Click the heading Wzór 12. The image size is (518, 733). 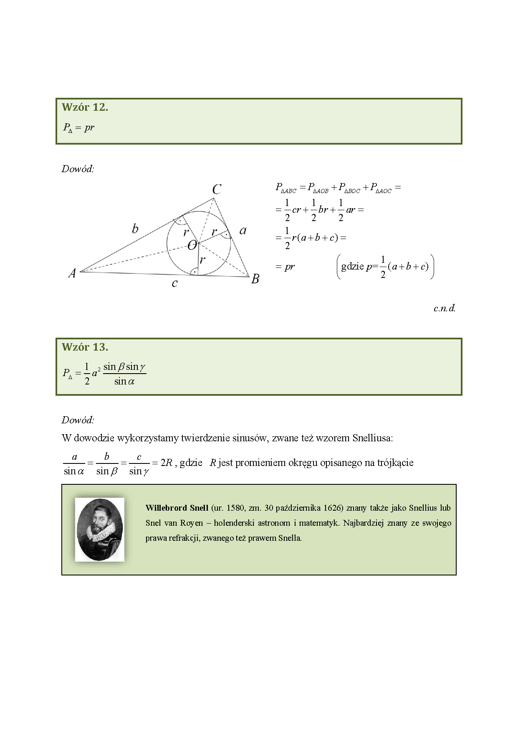[x=85, y=107]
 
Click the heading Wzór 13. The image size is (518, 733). [x=85, y=347]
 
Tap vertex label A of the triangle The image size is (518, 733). [x=72, y=273]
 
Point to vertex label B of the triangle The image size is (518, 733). [x=255, y=279]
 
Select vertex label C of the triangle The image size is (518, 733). [x=217, y=190]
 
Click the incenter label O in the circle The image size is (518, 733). [x=192, y=246]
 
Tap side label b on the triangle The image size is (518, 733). [x=135, y=229]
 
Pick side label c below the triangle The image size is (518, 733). [x=174, y=284]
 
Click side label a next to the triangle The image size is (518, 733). [x=243, y=230]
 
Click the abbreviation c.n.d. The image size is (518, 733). [x=444, y=309]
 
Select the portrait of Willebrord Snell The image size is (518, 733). [x=100, y=529]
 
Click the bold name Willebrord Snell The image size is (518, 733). [x=177, y=508]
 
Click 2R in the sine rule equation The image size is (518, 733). [x=167, y=463]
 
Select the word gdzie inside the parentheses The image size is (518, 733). [x=352, y=266]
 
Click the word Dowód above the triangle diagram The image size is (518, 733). [x=78, y=169]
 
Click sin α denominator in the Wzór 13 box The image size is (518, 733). [x=124, y=381]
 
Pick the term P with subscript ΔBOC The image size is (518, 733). [x=350, y=188]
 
